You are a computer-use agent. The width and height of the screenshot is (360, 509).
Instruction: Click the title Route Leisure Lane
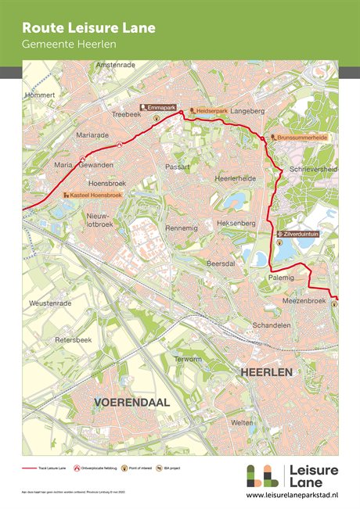coord(88,28)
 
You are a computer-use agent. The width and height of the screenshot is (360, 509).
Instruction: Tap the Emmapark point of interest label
coord(157,106)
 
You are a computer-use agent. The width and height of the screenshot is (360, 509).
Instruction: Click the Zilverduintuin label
coord(301,233)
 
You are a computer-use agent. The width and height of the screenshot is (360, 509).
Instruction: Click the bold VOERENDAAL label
coord(131,402)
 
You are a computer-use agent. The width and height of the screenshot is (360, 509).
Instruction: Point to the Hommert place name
coord(41,95)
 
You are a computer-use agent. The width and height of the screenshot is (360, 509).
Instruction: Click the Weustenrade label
coord(50,302)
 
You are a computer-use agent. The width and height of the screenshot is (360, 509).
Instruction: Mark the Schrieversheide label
coord(313,168)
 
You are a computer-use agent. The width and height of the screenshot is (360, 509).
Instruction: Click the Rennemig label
coord(181,228)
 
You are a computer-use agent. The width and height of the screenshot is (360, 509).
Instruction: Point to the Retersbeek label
coord(74,340)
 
